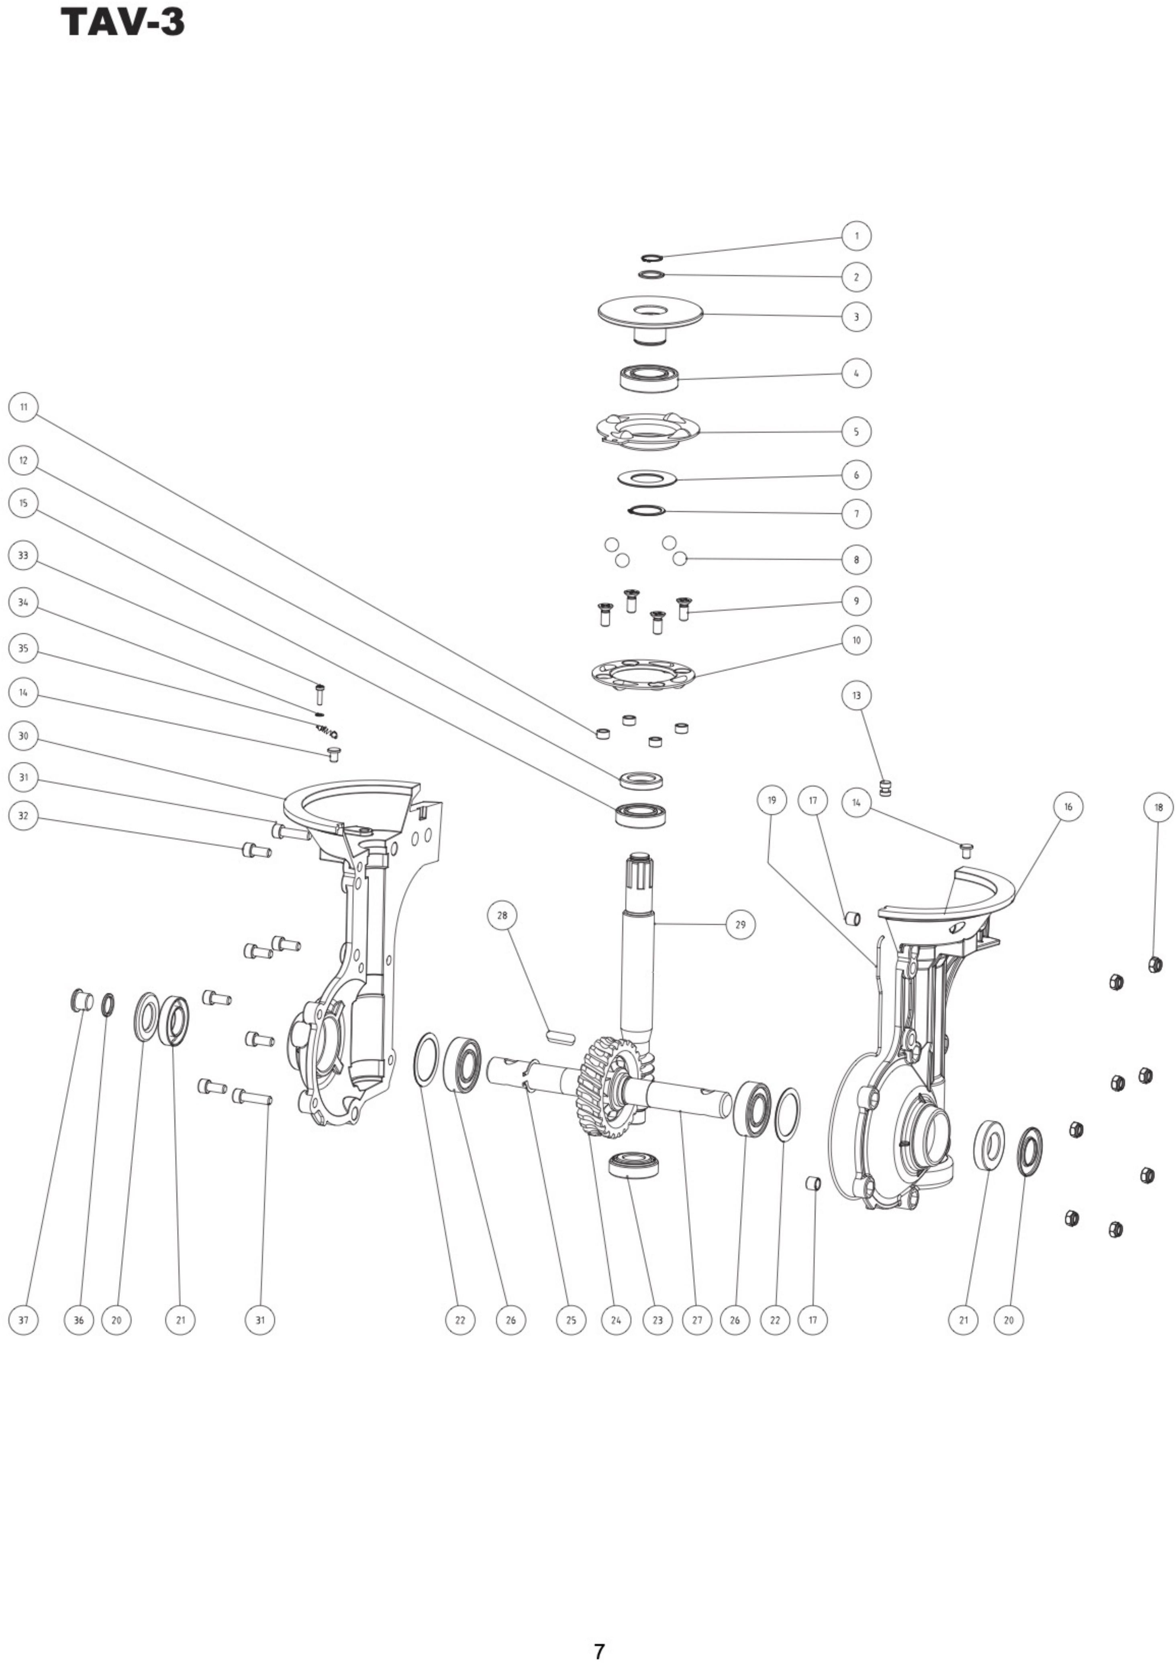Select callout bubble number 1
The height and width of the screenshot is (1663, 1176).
[856, 236]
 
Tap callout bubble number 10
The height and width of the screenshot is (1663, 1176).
[856, 640]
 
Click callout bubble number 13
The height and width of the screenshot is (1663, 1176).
[856, 695]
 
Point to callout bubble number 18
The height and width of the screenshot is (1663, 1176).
[1158, 807]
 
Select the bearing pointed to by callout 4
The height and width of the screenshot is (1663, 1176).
[649, 377]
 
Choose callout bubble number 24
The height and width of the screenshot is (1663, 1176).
[616, 1320]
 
